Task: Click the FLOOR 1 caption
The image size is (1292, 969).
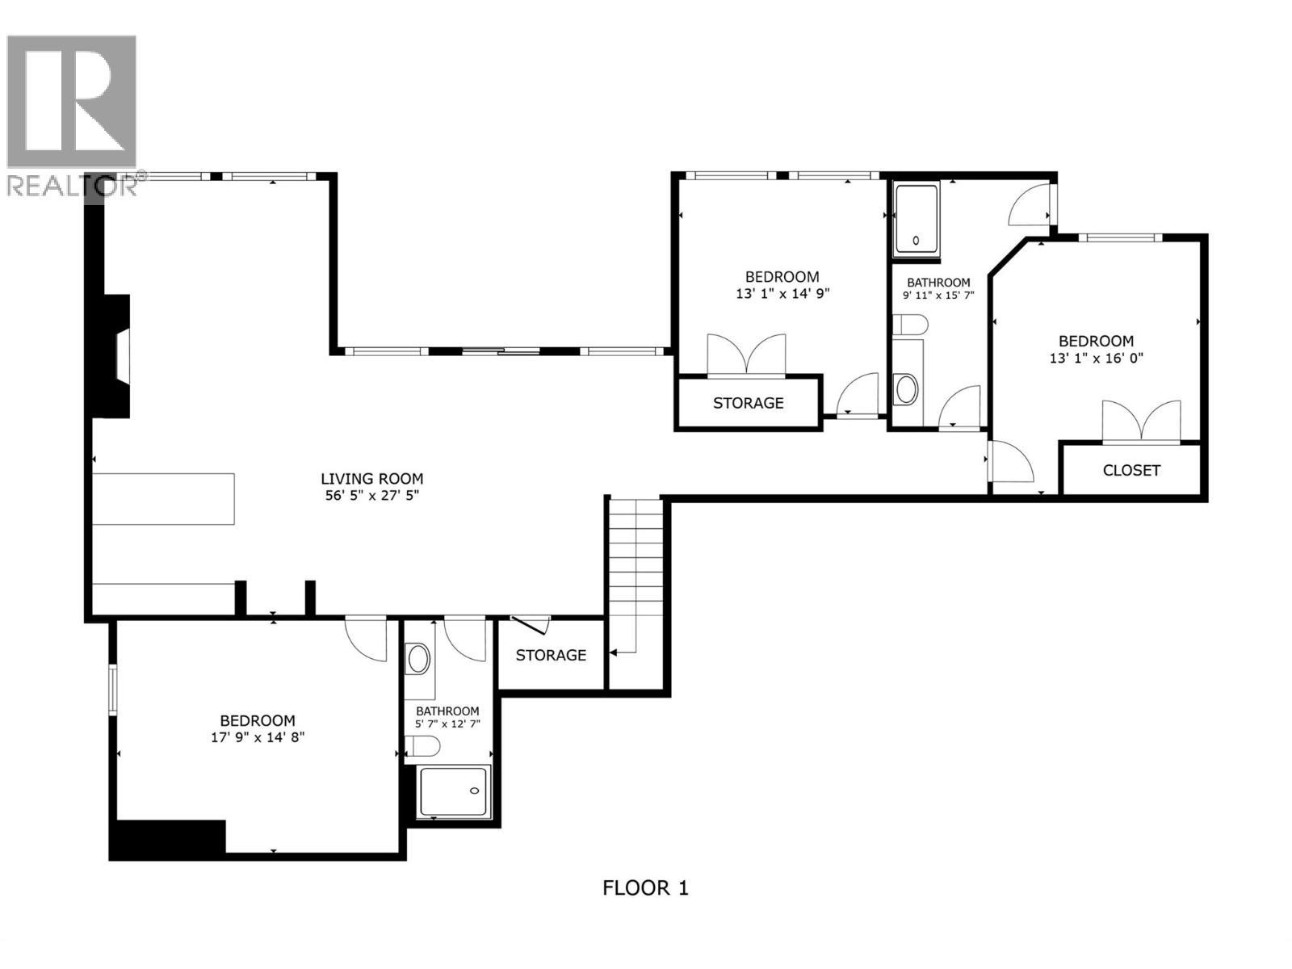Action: [645, 888]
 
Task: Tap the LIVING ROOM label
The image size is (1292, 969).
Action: [371, 479]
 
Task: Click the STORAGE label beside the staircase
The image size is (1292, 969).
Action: [551, 655]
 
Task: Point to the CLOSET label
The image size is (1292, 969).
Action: [1131, 470]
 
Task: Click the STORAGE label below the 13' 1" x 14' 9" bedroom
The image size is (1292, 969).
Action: [748, 402]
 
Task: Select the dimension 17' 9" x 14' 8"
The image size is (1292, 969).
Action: [258, 737]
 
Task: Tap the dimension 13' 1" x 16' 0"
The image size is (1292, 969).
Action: [1096, 358]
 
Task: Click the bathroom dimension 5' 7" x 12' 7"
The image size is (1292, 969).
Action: [447, 724]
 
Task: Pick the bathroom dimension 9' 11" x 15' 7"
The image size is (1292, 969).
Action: [938, 295]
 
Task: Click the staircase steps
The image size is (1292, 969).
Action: [636, 565]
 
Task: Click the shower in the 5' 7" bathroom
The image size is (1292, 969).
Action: [455, 791]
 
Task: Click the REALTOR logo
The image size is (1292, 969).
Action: [73, 113]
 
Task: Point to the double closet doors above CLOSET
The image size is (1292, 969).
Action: [1141, 422]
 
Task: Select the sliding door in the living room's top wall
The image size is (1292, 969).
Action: [501, 350]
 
